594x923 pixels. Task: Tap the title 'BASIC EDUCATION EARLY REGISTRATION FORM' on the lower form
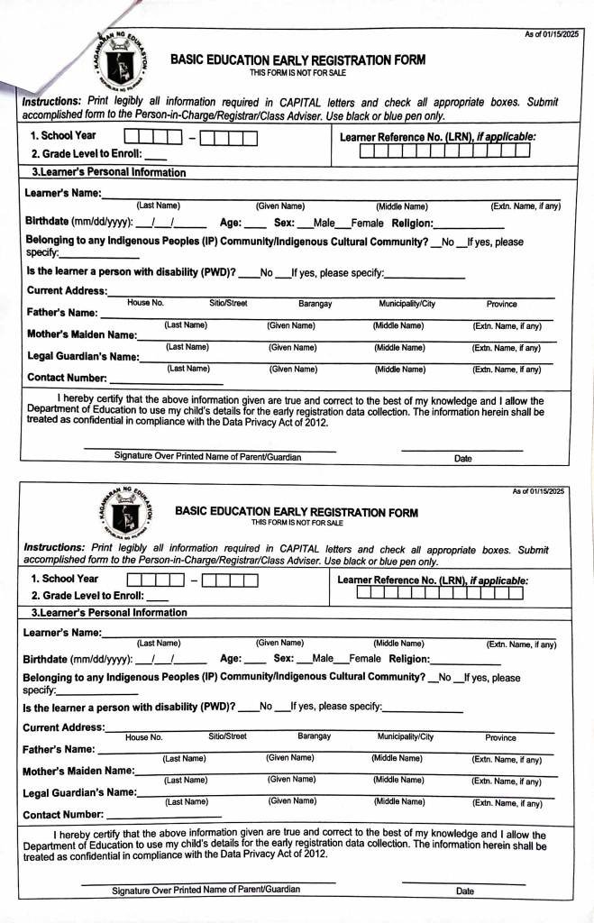(x=297, y=512)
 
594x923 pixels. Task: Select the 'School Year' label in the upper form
(x=64, y=136)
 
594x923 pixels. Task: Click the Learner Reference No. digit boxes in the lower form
(x=439, y=592)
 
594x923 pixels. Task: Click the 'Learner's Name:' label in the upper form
(x=62, y=193)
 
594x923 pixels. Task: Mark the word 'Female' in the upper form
(x=367, y=223)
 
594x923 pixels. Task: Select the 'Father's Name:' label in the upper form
(x=62, y=313)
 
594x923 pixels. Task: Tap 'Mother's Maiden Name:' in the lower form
(x=78, y=771)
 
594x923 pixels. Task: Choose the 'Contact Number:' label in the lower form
(x=61, y=815)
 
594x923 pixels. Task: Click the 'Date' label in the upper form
(x=462, y=458)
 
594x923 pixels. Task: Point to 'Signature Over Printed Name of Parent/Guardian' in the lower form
(x=206, y=891)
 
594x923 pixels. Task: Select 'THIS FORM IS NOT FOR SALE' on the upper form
(x=297, y=72)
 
